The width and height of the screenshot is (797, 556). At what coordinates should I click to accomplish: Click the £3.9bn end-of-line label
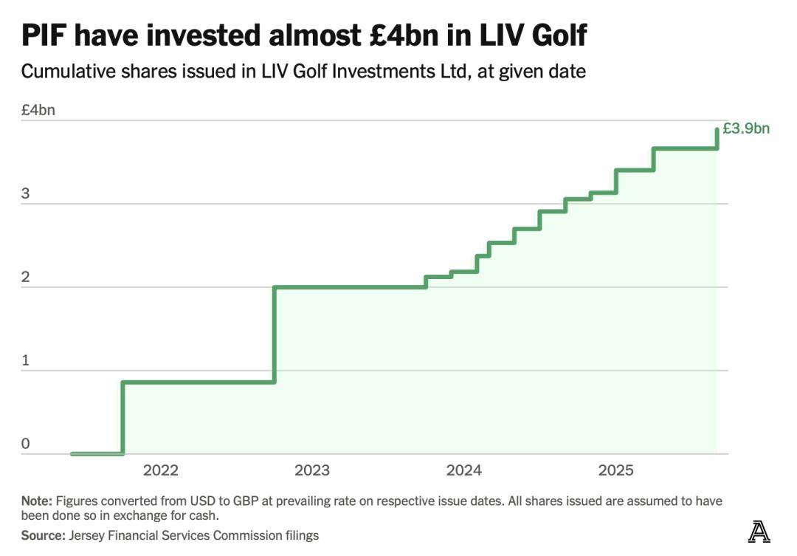tap(745, 129)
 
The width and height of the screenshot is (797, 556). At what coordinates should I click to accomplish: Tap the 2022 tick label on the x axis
tap(161, 470)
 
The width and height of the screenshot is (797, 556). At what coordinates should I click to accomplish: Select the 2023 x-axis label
tap(312, 470)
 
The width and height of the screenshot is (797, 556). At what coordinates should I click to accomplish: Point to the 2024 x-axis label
tap(464, 470)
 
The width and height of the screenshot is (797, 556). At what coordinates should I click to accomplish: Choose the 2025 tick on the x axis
tap(616, 470)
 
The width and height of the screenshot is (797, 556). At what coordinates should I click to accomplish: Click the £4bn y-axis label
tap(38, 110)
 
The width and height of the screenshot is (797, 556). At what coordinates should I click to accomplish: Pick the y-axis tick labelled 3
tap(26, 193)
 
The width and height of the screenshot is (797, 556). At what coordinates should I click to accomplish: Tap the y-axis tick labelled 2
tap(26, 277)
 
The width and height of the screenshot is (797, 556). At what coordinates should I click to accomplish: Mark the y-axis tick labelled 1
tap(26, 360)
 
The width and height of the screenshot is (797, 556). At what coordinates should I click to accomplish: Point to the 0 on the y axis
tap(26, 444)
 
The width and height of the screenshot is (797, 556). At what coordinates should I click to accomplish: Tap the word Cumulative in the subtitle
tap(63, 72)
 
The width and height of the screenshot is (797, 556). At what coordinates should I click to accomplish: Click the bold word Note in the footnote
tap(36, 501)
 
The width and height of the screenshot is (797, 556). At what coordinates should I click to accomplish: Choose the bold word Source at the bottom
tap(42, 535)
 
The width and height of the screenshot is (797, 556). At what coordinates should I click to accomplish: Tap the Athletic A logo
tap(759, 532)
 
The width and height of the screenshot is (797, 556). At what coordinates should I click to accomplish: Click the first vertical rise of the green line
tap(123, 417)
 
